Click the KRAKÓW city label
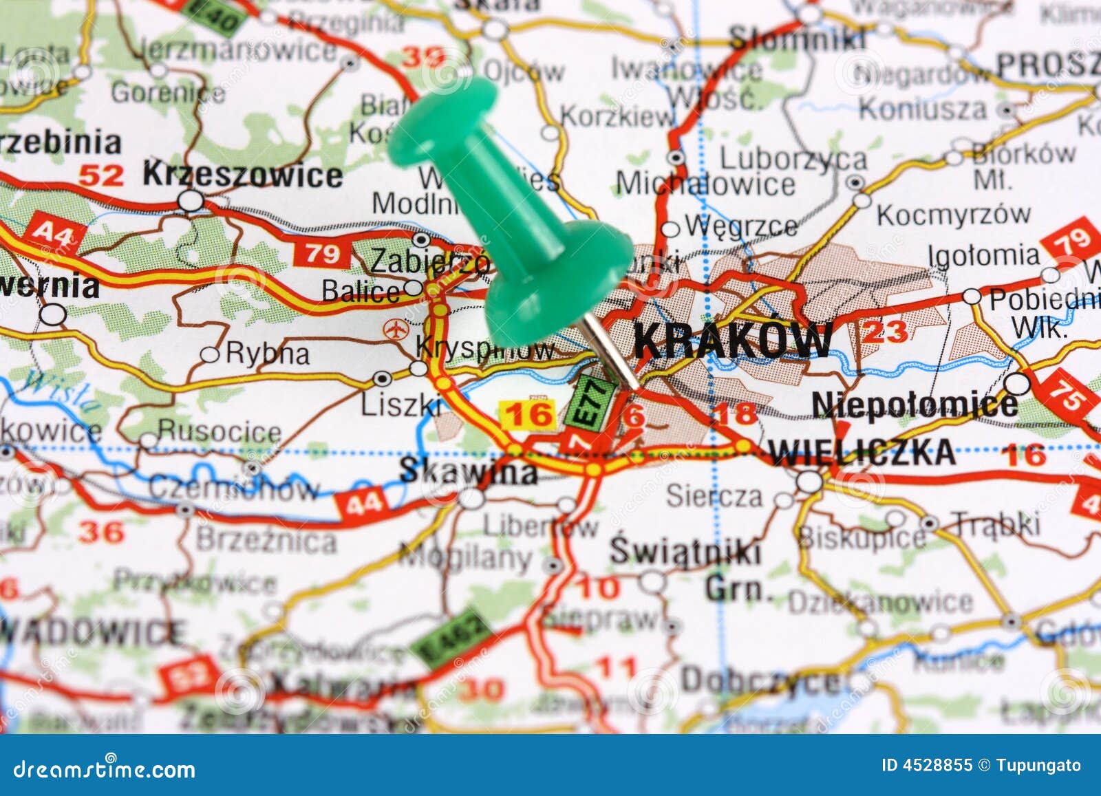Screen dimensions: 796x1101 tap(732, 340)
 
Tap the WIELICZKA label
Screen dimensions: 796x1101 tap(862, 452)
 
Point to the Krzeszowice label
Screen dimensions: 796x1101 tap(242, 175)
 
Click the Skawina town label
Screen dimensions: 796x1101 tap(468, 471)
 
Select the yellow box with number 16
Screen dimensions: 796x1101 tap(528, 414)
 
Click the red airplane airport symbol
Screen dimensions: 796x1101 tap(395, 329)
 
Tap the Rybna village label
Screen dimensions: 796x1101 tap(267, 354)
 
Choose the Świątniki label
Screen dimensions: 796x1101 tap(685, 552)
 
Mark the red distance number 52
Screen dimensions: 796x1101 tap(100, 175)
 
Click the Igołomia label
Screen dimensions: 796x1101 tap(983, 256)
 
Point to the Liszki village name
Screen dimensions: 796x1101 tap(401, 405)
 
